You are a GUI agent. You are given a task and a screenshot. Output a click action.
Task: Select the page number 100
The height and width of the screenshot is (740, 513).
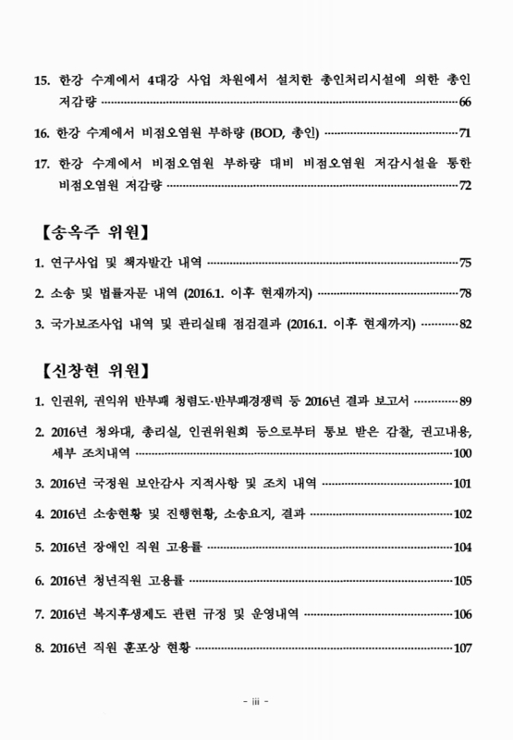click(463, 453)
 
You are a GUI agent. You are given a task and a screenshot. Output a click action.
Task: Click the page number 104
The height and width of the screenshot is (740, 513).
click(463, 547)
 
